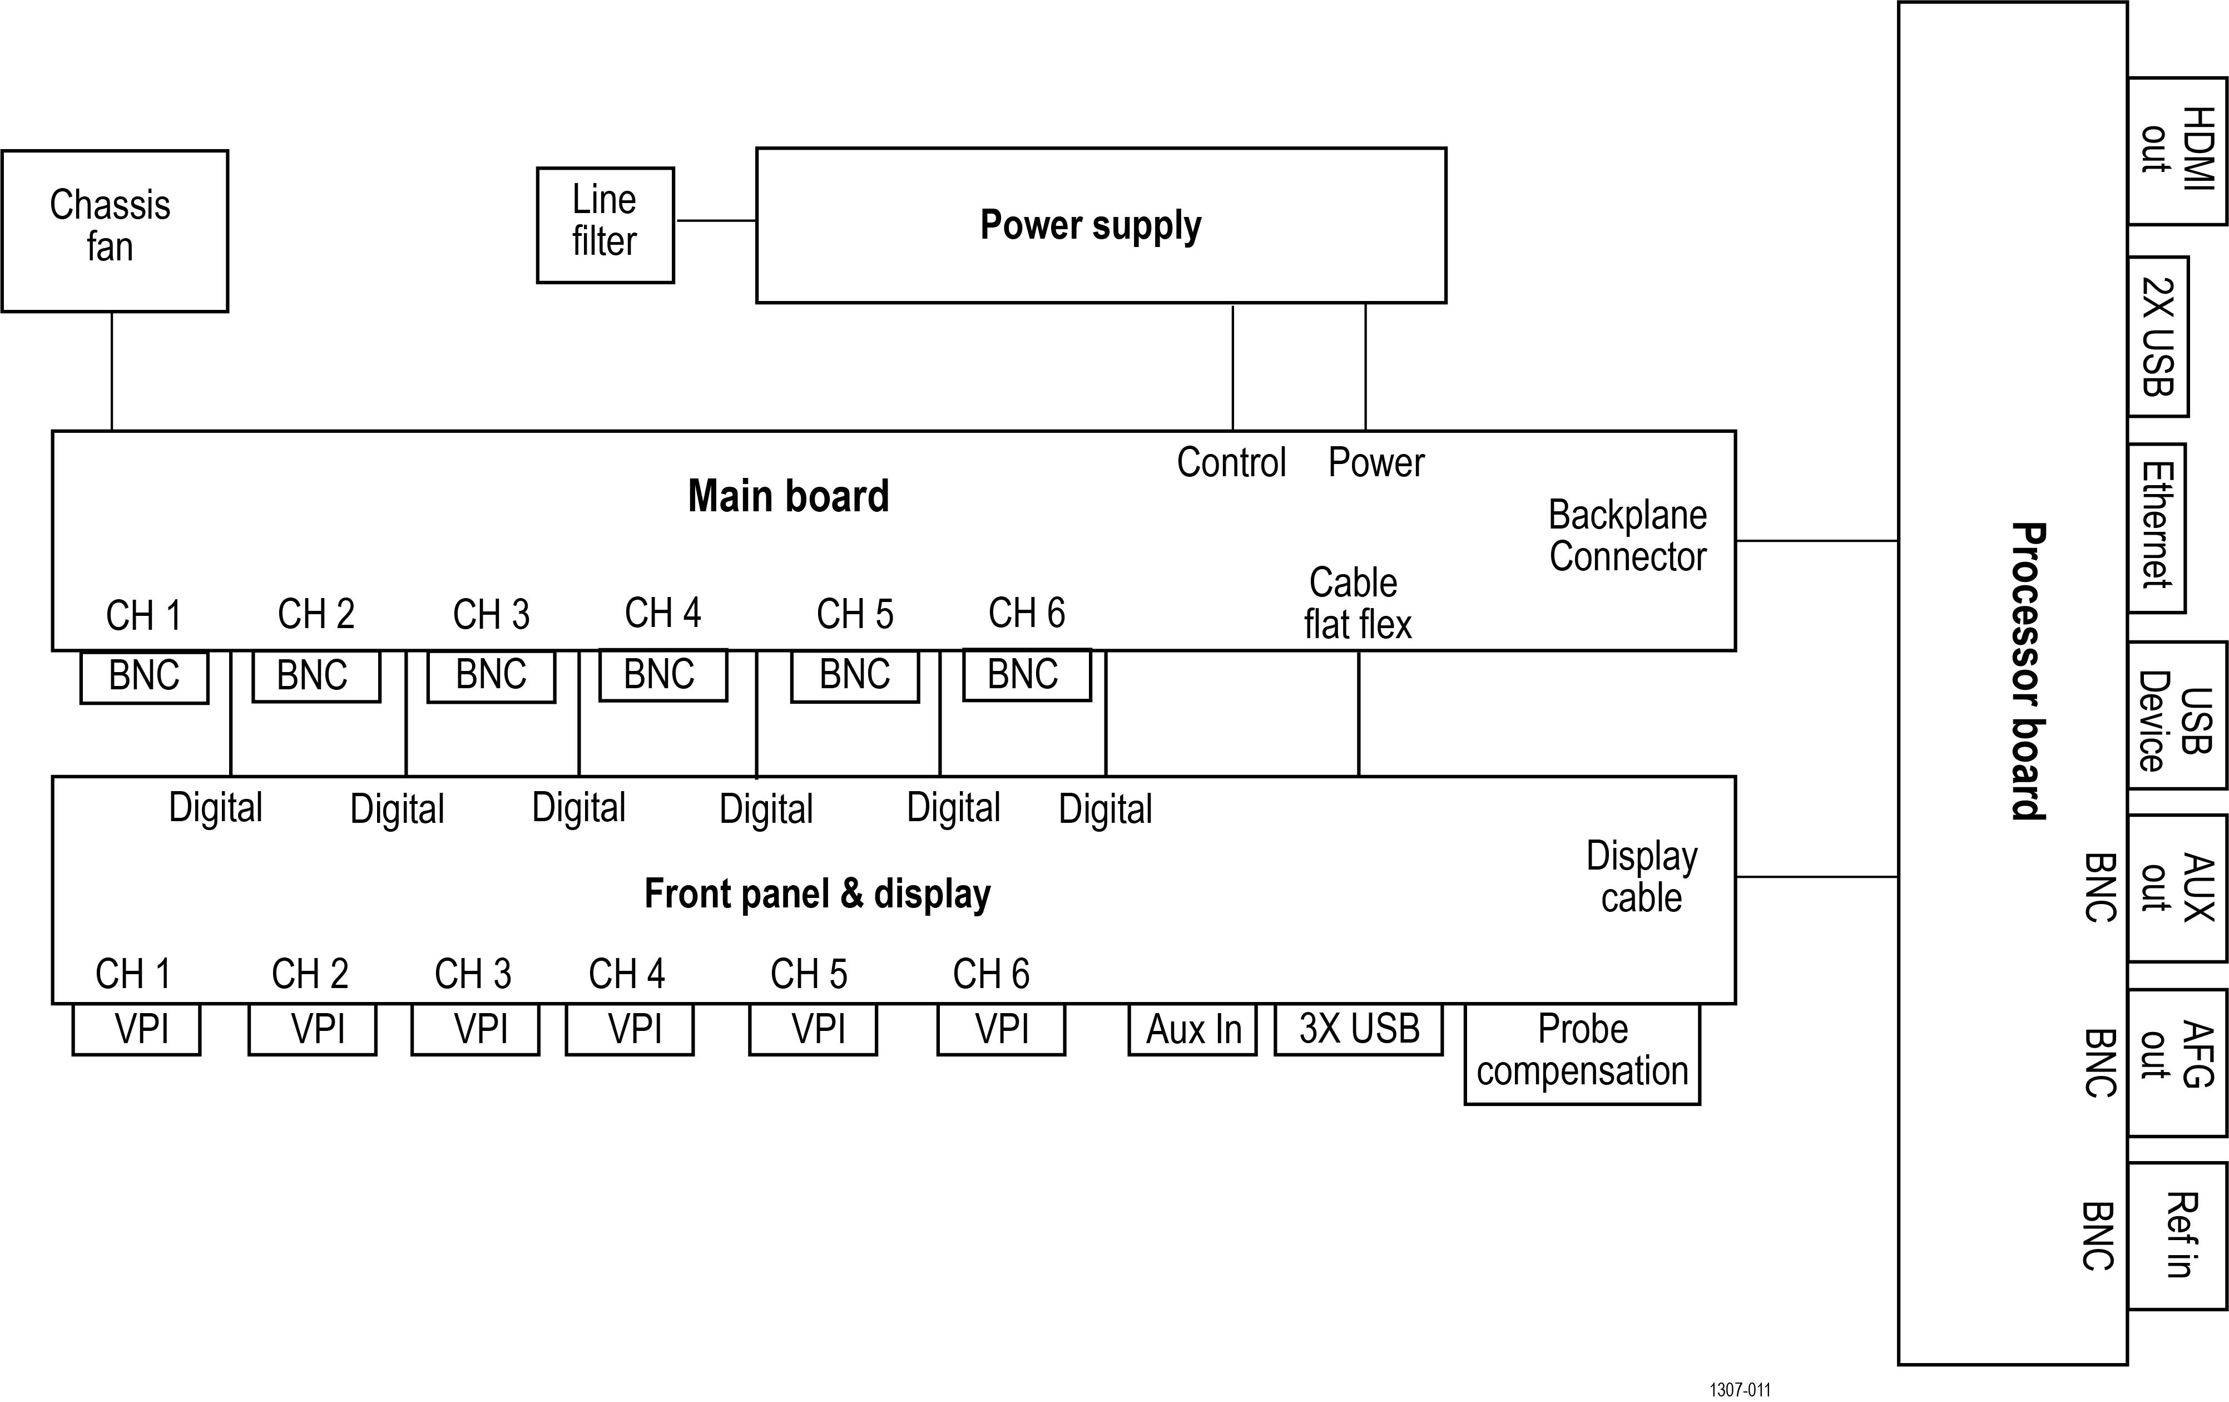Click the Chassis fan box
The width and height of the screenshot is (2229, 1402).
114,230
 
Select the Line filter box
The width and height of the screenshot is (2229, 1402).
606,225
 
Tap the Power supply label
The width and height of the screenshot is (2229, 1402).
1091,225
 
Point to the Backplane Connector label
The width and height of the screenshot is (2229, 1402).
1627,536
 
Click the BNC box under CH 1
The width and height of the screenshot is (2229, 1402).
145,677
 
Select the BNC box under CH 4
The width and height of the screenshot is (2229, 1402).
663,675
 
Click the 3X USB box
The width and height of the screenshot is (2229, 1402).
1358,1029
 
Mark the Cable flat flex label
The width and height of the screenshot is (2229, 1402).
1357,604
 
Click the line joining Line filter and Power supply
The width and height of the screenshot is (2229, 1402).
716,220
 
